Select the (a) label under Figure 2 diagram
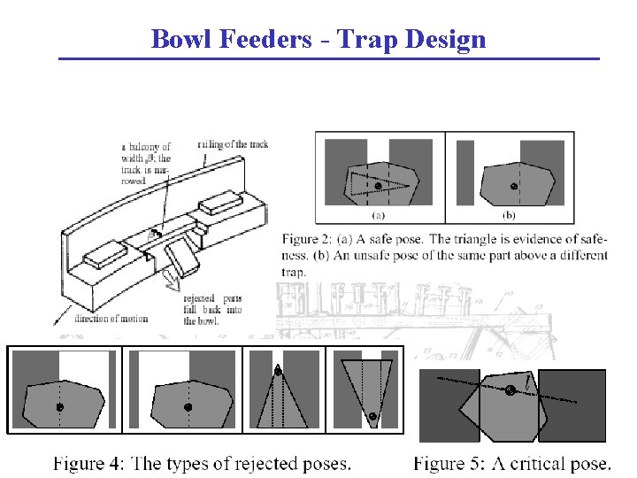378,215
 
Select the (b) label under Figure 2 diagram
510,215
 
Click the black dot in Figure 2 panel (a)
378,186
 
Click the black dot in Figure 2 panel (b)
514,186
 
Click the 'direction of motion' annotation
111,319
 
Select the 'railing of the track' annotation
232,143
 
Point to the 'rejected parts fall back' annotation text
212,310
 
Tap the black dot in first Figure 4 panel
59,407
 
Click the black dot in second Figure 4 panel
188,407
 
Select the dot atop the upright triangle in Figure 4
279,372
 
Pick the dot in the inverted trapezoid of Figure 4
372,415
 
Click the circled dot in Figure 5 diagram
510,390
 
